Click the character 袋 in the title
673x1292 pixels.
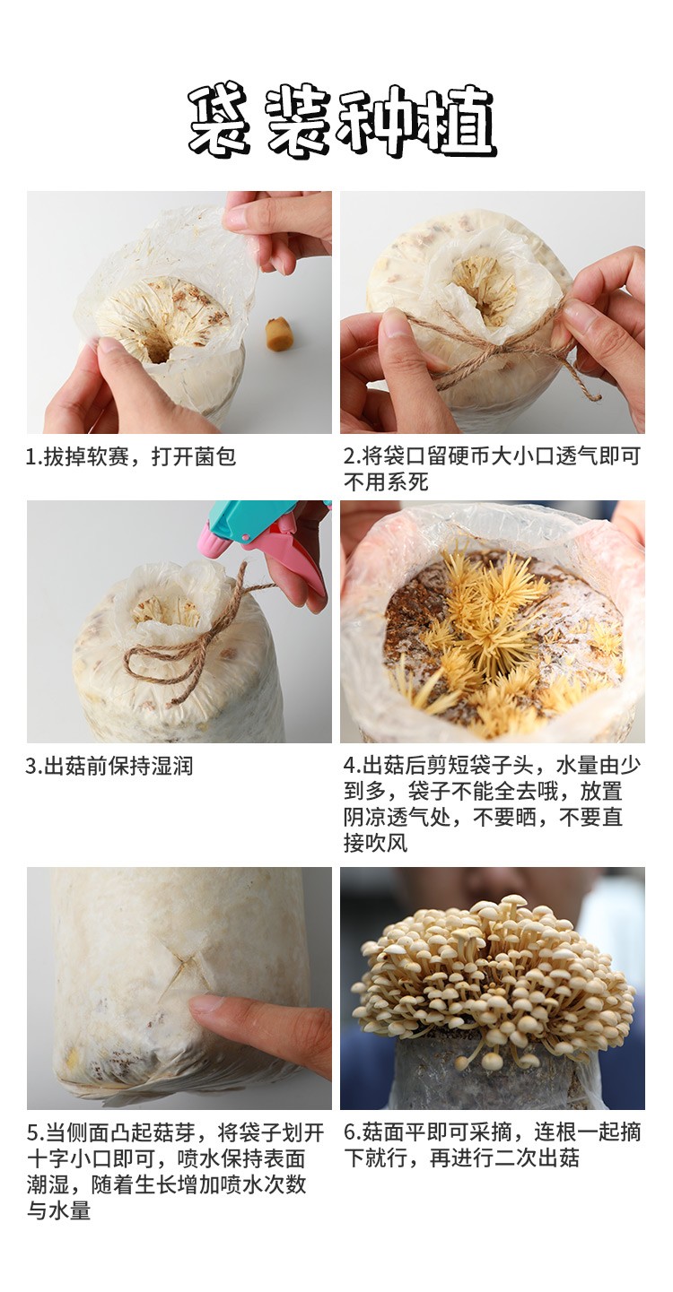coord(221,122)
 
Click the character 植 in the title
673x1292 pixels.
coord(459,122)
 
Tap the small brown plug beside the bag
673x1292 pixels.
coord(277,333)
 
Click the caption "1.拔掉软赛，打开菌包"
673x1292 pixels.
coord(132,456)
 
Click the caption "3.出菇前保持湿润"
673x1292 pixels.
coord(109,766)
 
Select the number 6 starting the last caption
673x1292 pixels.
coord(350,1132)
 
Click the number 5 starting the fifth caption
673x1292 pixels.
coord(33,1132)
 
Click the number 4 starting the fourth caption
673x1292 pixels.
coord(350,766)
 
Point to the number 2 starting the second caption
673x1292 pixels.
coord(350,456)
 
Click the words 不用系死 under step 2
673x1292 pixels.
coord(386,482)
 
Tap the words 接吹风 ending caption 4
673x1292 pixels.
coord(376,844)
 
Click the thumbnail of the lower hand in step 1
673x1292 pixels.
coord(109,346)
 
